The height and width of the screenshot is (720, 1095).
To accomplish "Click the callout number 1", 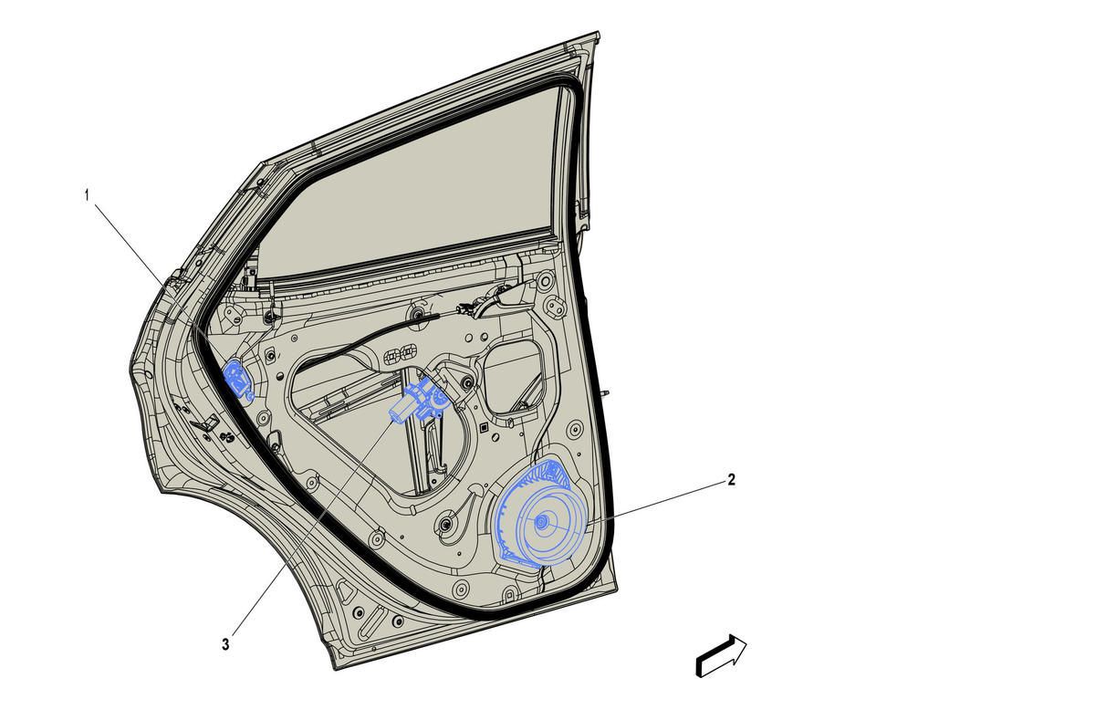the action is [87, 195].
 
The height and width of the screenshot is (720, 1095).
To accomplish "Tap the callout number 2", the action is [731, 479].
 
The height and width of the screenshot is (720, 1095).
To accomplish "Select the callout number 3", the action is [225, 644].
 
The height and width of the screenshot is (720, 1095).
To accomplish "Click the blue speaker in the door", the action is [541, 514].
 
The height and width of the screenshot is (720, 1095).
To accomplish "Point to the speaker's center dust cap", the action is [541, 522].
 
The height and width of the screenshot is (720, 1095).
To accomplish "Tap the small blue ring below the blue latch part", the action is [251, 395].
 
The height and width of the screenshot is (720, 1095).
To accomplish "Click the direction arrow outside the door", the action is [721, 656].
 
